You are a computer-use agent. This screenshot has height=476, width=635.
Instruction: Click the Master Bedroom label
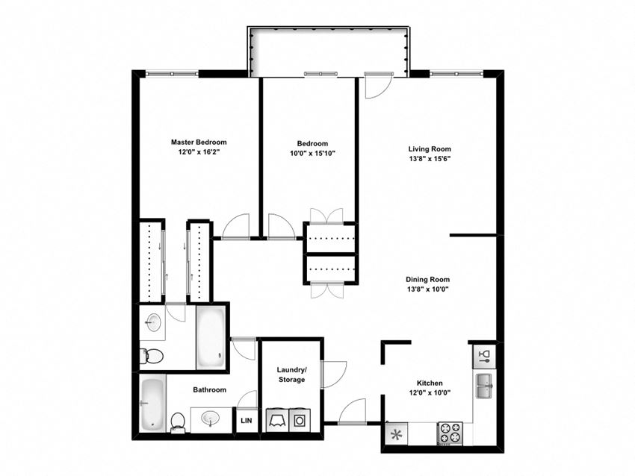(x=199, y=142)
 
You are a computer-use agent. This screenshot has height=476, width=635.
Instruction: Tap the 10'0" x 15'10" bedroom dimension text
(x=312, y=154)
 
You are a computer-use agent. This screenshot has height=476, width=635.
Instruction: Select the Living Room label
(x=430, y=148)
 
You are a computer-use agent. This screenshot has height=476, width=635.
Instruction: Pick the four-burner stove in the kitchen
(x=450, y=433)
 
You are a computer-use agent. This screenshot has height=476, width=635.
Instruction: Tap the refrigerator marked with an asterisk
(x=396, y=433)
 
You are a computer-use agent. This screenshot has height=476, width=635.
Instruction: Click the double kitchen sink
(x=484, y=386)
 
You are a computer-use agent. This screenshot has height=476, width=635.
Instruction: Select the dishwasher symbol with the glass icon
(x=484, y=354)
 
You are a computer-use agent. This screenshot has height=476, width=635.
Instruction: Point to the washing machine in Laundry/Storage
(x=277, y=419)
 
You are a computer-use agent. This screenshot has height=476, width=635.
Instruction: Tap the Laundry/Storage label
(x=291, y=375)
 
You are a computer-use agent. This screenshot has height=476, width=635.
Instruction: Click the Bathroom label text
(x=209, y=389)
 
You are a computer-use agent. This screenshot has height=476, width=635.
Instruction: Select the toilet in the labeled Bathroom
(x=178, y=422)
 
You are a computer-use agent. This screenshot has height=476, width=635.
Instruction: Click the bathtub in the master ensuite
(x=209, y=337)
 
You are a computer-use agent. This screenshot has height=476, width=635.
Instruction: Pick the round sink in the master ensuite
(x=153, y=323)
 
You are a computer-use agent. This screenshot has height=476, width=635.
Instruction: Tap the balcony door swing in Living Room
(x=376, y=86)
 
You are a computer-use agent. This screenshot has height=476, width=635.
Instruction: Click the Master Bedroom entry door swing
(x=235, y=226)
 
